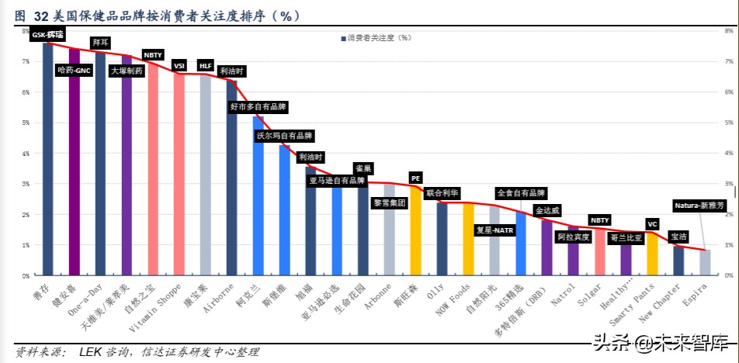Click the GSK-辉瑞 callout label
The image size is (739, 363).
click(47, 35)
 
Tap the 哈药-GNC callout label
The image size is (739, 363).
click(75, 71)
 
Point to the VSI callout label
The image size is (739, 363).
click(179, 66)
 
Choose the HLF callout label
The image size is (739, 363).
click(206, 66)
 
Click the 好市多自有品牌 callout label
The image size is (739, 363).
click(258, 106)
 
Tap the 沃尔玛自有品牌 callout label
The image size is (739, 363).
click(285, 136)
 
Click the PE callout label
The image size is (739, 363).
click(415, 178)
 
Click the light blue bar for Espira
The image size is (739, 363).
click(704, 263)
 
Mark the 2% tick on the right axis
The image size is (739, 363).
click(728, 214)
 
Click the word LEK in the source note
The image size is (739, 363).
click(90, 353)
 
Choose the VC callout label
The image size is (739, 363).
click(652, 224)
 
